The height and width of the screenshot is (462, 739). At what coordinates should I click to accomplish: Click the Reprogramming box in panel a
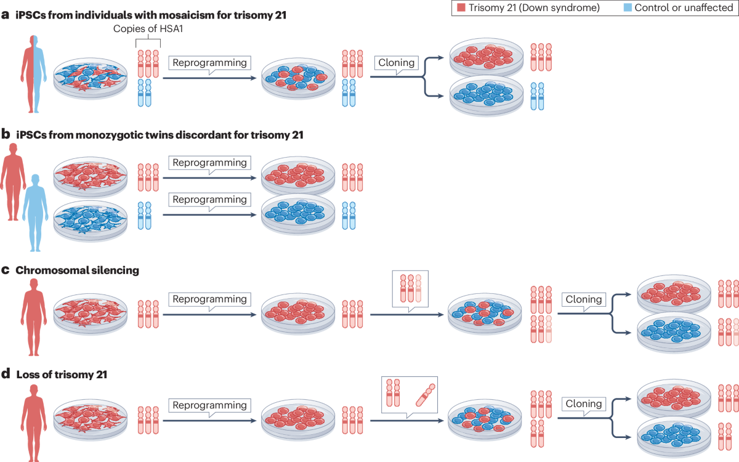tap(210, 62)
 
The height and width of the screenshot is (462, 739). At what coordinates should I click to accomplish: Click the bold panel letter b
tap(5, 134)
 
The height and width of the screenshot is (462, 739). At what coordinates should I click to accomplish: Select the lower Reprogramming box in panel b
tap(210, 200)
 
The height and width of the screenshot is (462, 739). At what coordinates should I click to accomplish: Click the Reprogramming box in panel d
tap(210, 405)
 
